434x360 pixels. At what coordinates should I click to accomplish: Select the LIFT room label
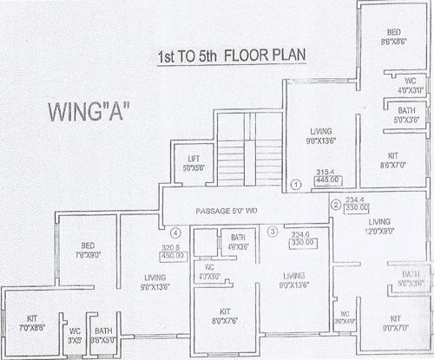[x=194, y=162]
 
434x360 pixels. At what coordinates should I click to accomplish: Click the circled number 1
[x=295, y=185]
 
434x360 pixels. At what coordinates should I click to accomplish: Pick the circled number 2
[x=336, y=205]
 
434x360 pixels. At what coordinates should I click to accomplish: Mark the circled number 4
[x=176, y=232]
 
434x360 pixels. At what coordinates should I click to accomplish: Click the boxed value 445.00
[x=328, y=182]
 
